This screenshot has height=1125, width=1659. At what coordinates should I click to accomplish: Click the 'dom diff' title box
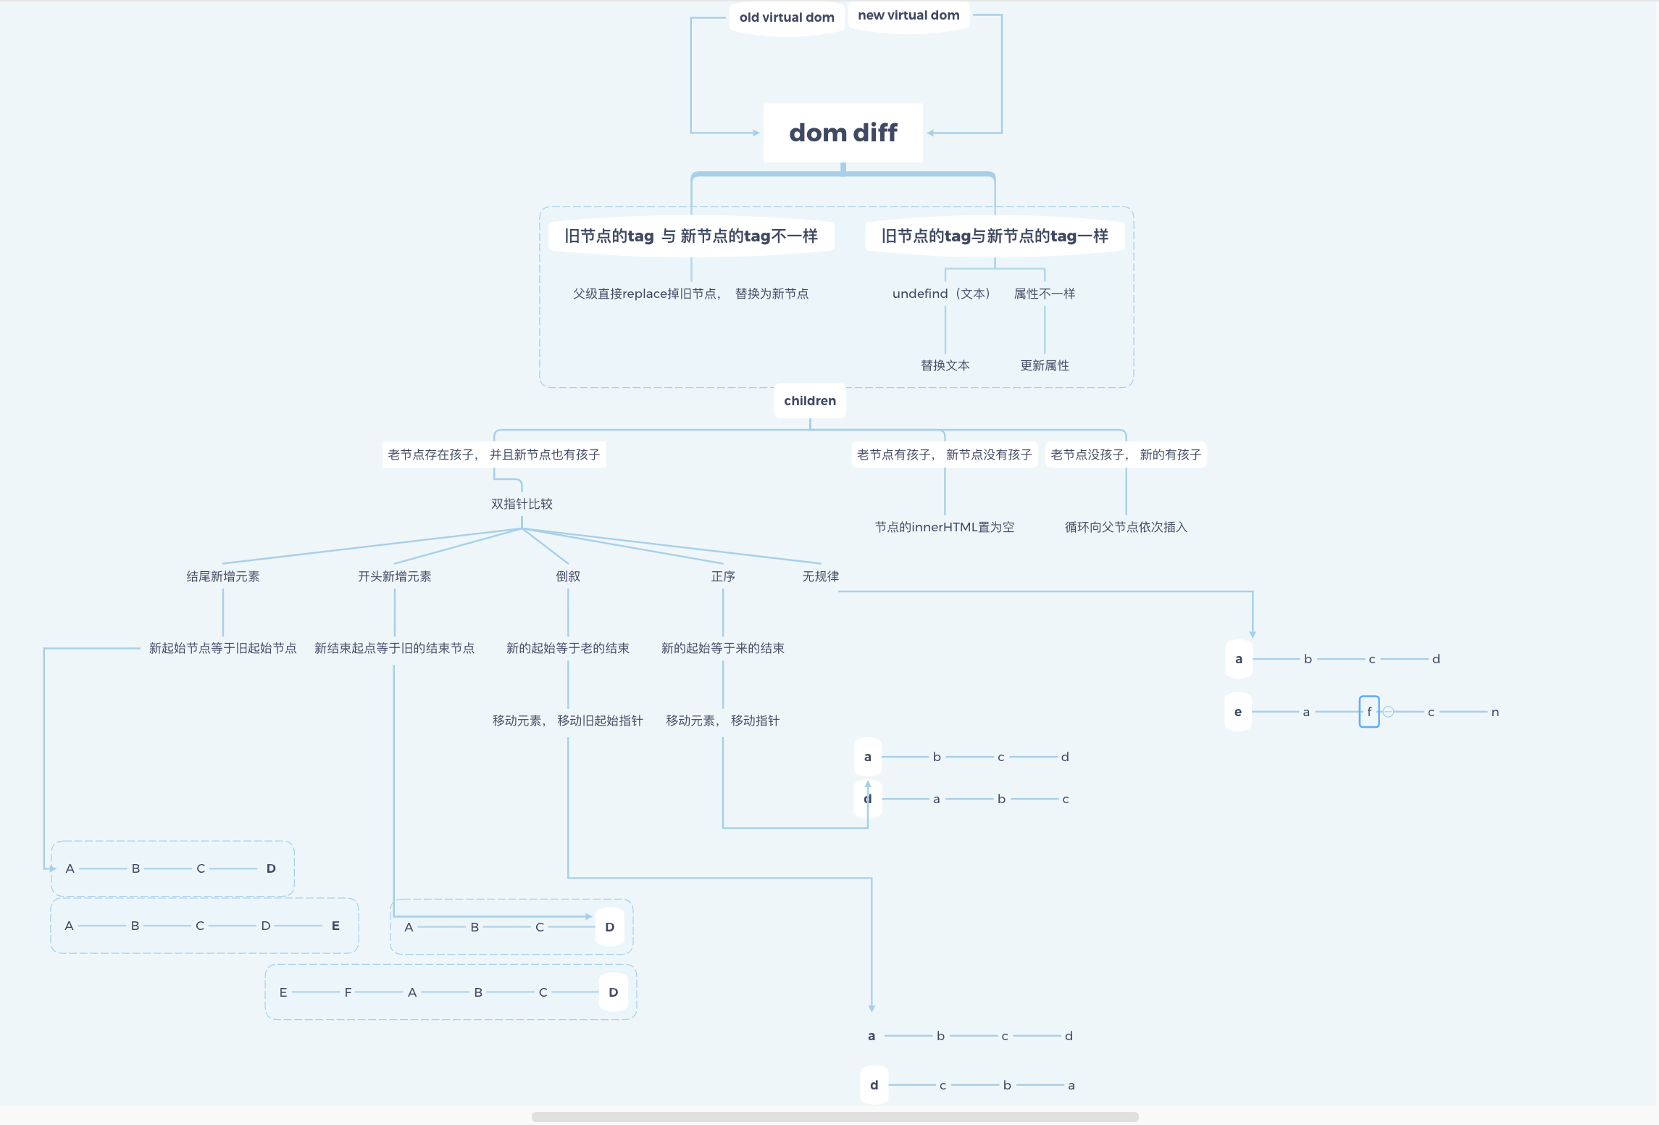click(x=843, y=133)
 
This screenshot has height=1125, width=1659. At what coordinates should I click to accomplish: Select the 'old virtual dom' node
click(x=787, y=17)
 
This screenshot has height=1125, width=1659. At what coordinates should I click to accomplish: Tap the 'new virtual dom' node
click(x=908, y=15)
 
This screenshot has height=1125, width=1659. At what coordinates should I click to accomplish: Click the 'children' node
click(x=810, y=401)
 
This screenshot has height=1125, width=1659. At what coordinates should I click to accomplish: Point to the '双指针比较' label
click(x=522, y=504)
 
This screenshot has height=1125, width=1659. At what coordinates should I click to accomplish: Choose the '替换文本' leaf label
click(x=945, y=365)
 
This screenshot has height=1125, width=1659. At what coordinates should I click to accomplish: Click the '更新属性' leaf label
click(x=1045, y=365)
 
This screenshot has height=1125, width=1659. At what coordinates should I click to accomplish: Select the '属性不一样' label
click(x=1045, y=294)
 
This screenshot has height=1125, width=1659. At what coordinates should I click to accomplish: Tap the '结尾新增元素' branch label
click(x=223, y=576)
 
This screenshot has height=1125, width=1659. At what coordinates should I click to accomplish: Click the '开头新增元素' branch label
click(x=395, y=576)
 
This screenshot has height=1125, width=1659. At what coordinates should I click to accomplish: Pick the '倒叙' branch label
click(x=568, y=576)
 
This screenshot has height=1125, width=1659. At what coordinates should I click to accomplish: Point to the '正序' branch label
click(x=723, y=576)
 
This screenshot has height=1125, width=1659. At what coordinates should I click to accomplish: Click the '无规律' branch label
click(x=821, y=576)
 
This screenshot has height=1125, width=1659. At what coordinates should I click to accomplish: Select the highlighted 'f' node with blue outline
click(x=1369, y=712)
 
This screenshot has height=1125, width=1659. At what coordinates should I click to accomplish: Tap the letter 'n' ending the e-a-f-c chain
click(x=1495, y=713)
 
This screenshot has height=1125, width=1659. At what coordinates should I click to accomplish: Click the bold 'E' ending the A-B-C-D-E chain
click(x=335, y=926)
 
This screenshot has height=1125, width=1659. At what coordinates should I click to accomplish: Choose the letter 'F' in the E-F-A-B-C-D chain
click(x=348, y=992)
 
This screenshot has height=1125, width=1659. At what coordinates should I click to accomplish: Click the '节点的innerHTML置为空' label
click(x=945, y=527)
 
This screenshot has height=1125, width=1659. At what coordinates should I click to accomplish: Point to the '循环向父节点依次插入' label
click(x=1126, y=527)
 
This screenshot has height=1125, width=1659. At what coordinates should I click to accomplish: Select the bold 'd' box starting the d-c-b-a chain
click(x=874, y=1085)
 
